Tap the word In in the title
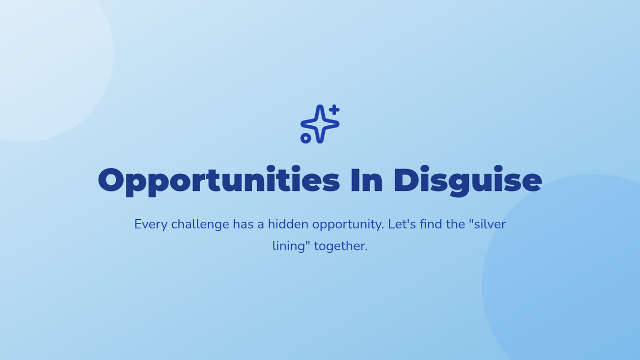[x=366, y=180]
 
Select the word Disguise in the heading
[x=468, y=181]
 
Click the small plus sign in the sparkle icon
[x=334, y=110]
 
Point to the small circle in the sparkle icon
[x=306, y=138]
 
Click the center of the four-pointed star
[x=320, y=124]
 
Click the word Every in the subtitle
[x=150, y=225]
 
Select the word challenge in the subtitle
[x=200, y=225]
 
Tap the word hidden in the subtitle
[x=288, y=224]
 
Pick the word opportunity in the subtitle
[x=348, y=225]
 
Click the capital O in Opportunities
[x=111, y=180]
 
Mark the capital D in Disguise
[x=405, y=180]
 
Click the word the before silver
[x=455, y=224]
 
